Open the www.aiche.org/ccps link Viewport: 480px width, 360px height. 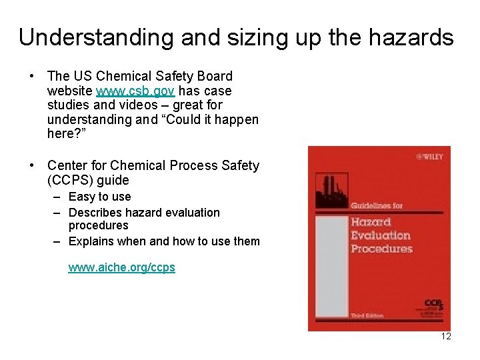pos(122,267)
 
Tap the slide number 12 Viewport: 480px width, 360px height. pos(445,336)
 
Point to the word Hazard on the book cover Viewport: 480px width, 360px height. pos(372,221)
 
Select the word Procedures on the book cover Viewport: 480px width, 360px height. pos(381,249)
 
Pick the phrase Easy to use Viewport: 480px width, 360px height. pos(100,197)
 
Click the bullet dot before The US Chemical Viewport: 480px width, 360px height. pos(33,77)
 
